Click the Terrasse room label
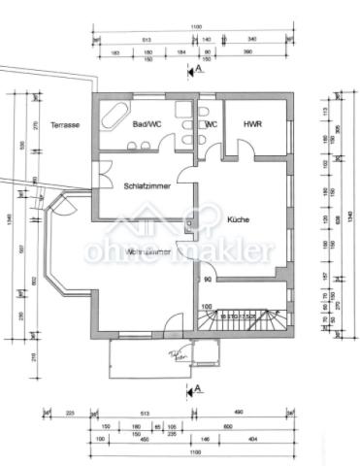coord(65,126)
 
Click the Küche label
coord(239,220)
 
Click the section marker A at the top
coord(198,70)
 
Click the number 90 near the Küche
coord(208,281)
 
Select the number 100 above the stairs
coord(206,307)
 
